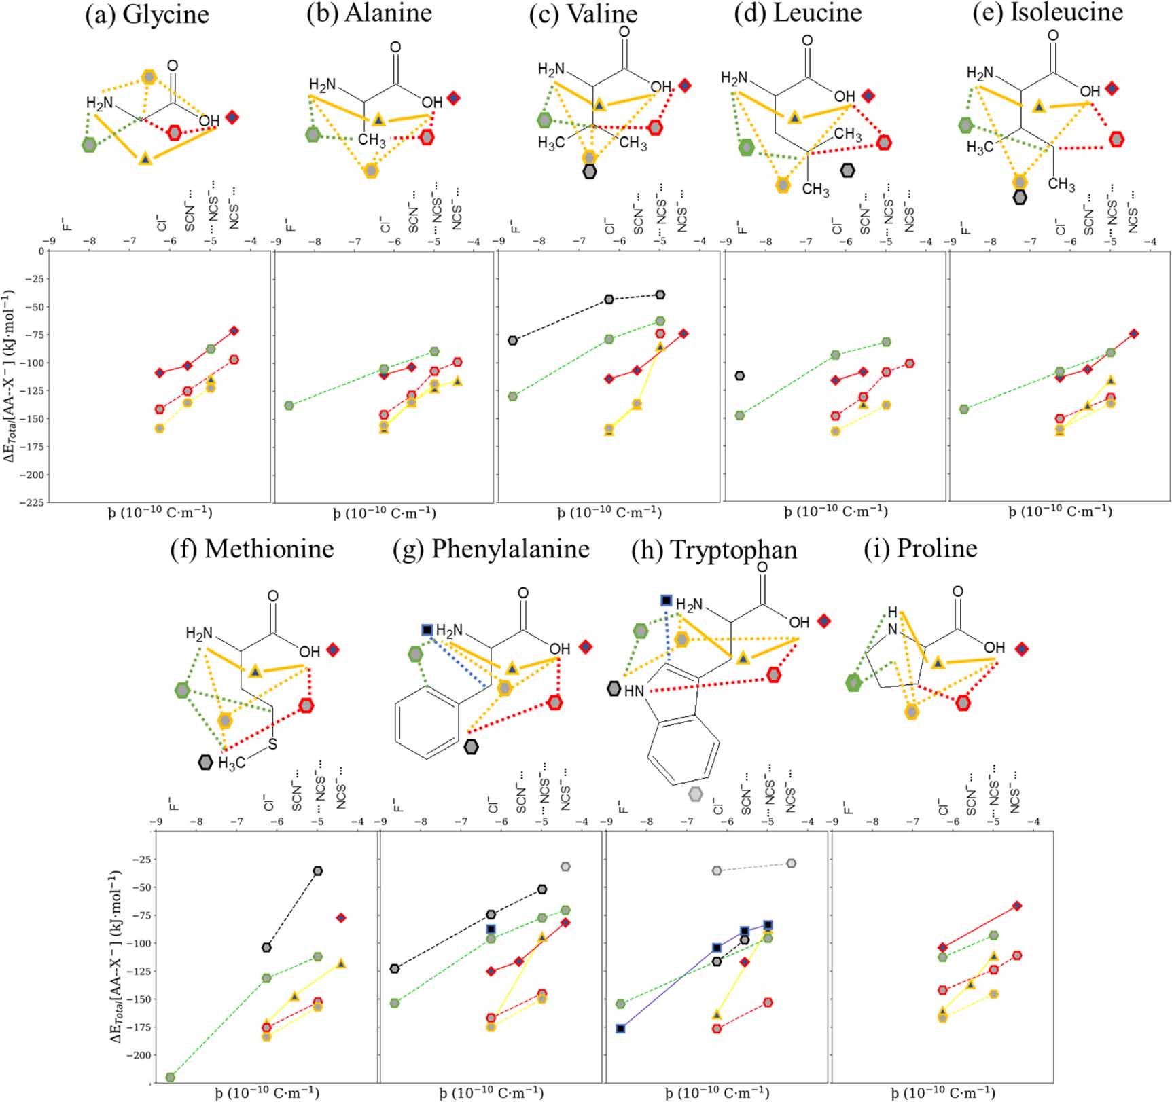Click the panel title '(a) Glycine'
(147, 15)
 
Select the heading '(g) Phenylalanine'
(491, 549)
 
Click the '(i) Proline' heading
(920, 548)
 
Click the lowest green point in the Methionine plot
(171, 1077)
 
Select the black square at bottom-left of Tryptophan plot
(620, 1029)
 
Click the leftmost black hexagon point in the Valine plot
(513, 340)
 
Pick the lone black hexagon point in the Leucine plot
(740, 375)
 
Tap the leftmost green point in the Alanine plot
(289, 405)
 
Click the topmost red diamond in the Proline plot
(1017, 906)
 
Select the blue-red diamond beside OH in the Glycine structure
(232, 117)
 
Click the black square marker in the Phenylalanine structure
(427, 630)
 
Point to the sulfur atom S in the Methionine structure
(272, 744)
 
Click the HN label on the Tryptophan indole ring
(634, 691)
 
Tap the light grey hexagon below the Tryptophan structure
(695, 793)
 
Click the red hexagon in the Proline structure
(963, 703)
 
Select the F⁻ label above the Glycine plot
(66, 224)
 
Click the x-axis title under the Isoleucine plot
(1060, 511)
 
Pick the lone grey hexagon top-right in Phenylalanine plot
(565, 866)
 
